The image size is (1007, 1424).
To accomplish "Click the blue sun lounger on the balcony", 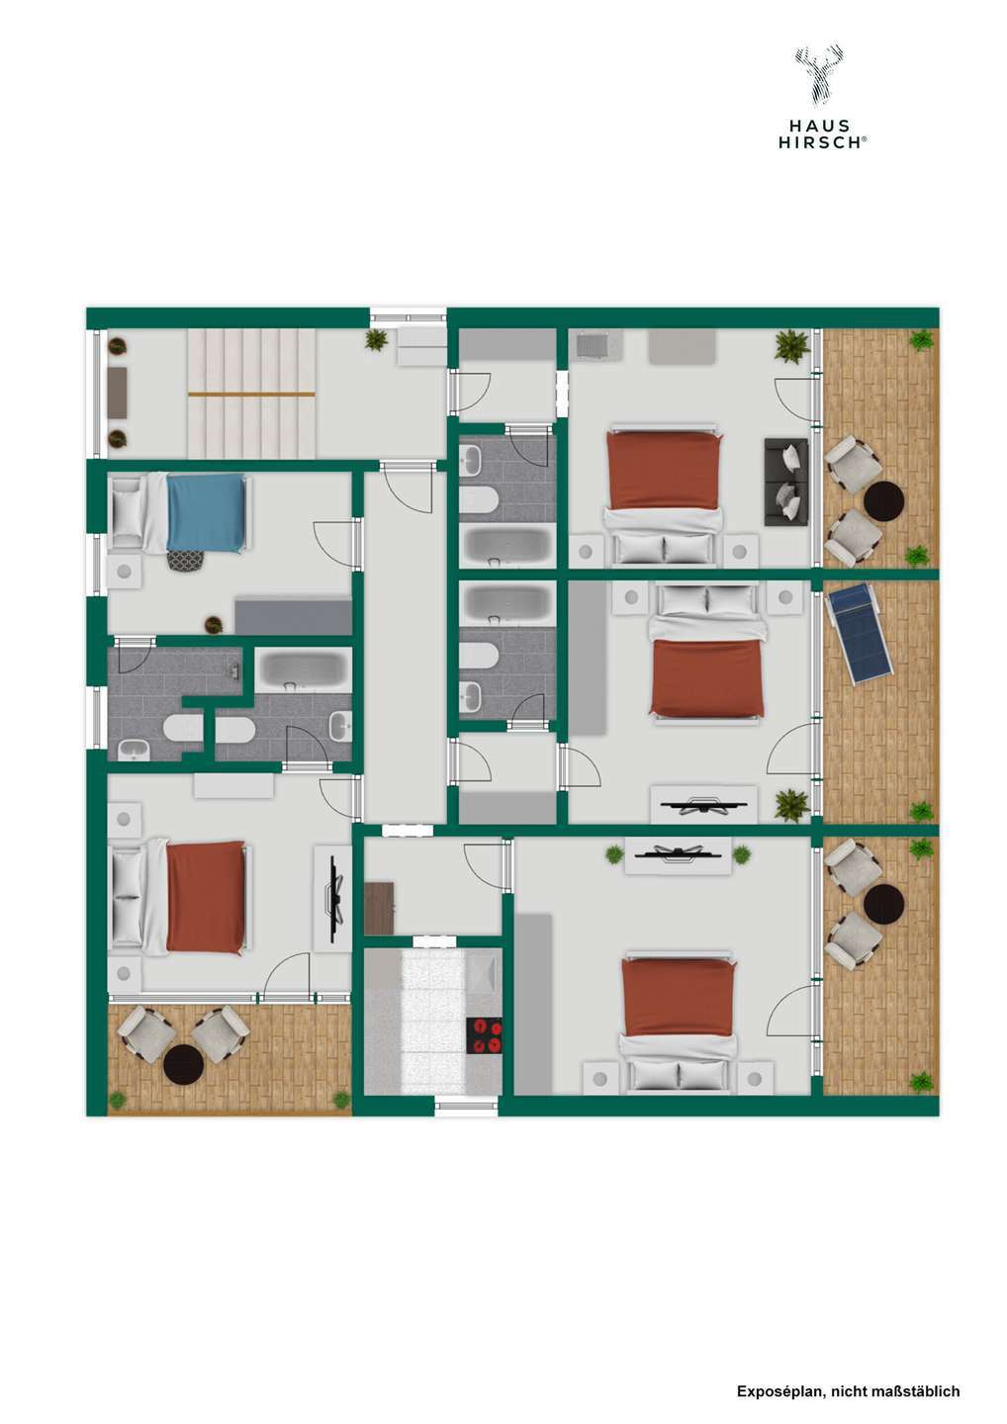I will click(857, 631).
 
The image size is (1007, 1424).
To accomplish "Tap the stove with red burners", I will click(484, 1034).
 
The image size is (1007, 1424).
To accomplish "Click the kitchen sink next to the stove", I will click(484, 973).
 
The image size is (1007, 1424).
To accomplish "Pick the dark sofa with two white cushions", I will click(786, 482).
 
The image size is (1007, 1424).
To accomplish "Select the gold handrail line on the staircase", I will click(251, 394).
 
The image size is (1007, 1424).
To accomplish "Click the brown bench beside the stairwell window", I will click(118, 394).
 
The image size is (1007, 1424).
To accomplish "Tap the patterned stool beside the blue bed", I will click(183, 561).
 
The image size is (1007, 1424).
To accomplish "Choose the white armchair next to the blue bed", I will click(127, 511).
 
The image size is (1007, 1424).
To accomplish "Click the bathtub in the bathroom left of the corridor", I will click(302, 669).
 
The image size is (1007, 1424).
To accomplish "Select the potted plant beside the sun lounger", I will click(922, 812).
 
